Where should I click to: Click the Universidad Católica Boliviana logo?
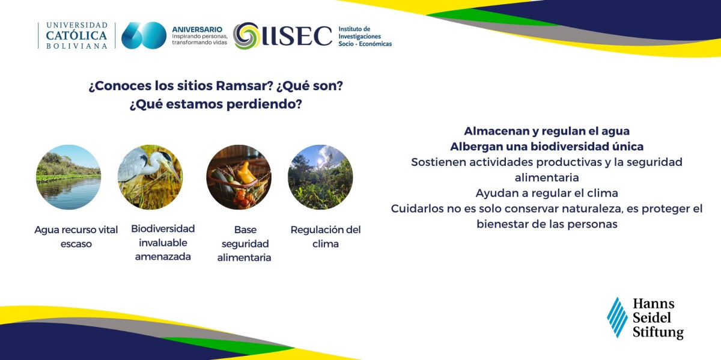(x=76, y=35)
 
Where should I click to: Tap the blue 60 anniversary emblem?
(x=144, y=35)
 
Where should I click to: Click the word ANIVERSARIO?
(x=197, y=29)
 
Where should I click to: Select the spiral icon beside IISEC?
(x=246, y=35)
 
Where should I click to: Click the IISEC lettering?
(x=297, y=35)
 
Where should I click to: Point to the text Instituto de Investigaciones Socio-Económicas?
(x=365, y=37)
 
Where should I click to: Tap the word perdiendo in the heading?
(x=264, y=105)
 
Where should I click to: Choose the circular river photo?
(x=68, y=177)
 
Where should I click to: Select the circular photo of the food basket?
(x=239, y=177)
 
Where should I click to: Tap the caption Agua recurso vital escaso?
(x=76, y=237)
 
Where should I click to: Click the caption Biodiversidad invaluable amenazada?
(x=163, y=242)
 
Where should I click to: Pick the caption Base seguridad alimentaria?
(x=245, y=243)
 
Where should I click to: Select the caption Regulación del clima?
(x=326, y=237)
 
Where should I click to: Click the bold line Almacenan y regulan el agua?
(x=547, y=131)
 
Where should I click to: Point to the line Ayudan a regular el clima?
(x=547, y=193)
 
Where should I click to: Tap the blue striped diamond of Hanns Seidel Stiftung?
(x=618, y=317)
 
